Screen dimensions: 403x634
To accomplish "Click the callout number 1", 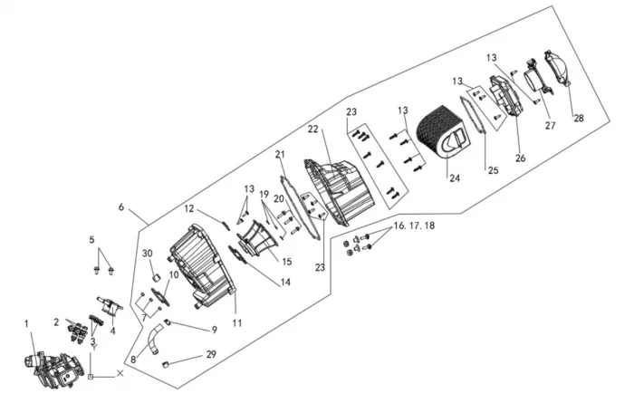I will coord(26,323).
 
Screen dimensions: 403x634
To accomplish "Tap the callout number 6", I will coord(120,207).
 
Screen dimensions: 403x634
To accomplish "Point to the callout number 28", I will coord(579,118).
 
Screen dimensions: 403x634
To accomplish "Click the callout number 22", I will coord(312,130).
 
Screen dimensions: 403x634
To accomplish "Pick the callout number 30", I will coord(148,254).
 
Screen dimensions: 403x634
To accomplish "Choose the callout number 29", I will coord(211,353).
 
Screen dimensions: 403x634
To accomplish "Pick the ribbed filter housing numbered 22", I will coord(335,190).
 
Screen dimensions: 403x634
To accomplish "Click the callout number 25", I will coord(493,169).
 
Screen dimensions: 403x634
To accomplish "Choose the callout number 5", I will coord(91,240).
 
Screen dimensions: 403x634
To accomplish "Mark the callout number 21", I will coord(281,155).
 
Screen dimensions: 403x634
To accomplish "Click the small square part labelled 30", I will coord(154,276).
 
